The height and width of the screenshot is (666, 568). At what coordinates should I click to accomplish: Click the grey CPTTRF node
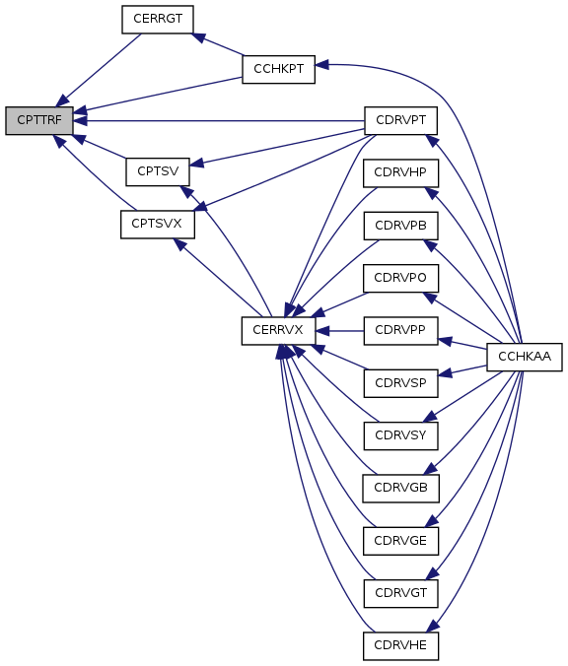coord(39,120)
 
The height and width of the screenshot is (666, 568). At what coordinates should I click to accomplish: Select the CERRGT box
coord(158,19)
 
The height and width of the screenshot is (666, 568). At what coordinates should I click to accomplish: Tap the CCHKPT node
coord(278,69)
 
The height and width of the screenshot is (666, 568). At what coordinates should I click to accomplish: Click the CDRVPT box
coord(401,120)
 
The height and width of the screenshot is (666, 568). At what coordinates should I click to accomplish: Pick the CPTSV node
coord(158,171)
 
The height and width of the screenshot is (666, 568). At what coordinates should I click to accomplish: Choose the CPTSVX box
coord(158,225)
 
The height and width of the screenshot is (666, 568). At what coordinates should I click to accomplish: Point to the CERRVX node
coord(278,330)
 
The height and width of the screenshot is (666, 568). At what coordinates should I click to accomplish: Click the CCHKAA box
coord(525,357)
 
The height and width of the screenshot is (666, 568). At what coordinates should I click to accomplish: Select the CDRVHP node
coord(401,172)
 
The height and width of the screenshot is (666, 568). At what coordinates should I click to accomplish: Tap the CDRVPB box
coord(401,226)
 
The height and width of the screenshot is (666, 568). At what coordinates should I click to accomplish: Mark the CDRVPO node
coord(401,278)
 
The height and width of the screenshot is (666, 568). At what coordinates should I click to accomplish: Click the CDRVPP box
coord(401,330)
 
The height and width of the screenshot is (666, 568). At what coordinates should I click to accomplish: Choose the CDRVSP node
coord(401,383)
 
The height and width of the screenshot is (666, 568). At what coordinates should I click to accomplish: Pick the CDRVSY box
coord(401,435)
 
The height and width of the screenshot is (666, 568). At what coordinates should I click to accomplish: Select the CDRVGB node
coord(401,488)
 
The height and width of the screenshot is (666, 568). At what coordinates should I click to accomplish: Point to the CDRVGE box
coord(401,541)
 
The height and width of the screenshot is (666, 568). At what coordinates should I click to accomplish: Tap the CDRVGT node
coord(401,593)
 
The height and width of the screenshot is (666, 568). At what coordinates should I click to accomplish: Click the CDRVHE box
coord(401,646)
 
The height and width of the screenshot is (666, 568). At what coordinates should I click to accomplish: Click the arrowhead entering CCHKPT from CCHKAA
coord(321,65)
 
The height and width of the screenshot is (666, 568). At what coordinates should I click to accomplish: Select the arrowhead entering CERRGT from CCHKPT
coord(199,37)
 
